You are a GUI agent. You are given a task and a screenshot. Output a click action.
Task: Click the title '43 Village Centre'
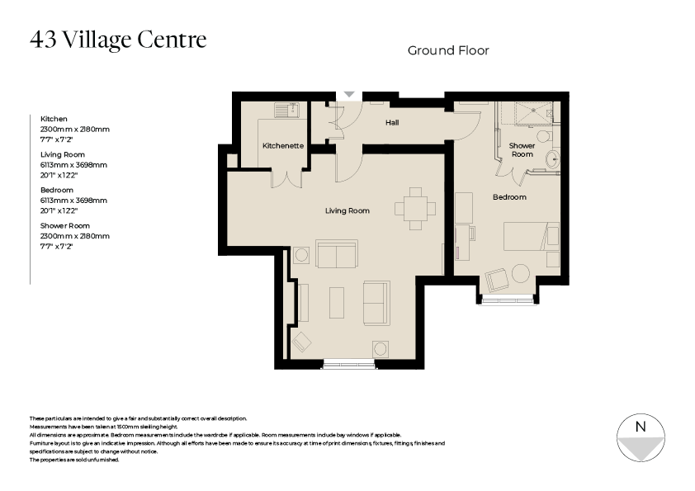tap(118, 40)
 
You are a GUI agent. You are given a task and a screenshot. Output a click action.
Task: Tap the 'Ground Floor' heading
tap(448, 51)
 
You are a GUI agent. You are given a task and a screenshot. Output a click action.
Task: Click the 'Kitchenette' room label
tap(283, 146)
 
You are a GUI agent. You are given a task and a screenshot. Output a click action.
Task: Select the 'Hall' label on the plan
tap(393, 124)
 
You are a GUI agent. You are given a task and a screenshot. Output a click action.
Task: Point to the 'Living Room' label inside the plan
tap(347, 211)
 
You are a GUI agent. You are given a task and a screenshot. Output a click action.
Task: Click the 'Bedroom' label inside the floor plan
tap(509, 197)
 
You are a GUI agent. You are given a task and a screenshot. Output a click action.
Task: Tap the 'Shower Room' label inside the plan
tap(522, 150)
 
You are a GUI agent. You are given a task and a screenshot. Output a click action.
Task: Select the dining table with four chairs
tap(415, 209)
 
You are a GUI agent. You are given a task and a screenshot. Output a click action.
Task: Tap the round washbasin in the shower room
tap(552, 159)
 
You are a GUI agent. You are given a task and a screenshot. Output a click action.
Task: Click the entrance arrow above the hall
tap(349, 95)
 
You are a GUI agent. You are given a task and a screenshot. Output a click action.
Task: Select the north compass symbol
tap(640, 438)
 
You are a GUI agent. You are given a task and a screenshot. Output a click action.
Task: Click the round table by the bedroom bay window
tap(521, 273)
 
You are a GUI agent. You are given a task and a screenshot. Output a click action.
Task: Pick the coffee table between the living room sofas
tap(337, 302)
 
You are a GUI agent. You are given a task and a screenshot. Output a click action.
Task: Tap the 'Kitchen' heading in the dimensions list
tap(54, 120)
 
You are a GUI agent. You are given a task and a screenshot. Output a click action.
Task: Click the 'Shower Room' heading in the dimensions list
tap(65, 226)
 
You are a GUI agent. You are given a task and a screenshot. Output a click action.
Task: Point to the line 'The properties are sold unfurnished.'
tap(74, 460)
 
